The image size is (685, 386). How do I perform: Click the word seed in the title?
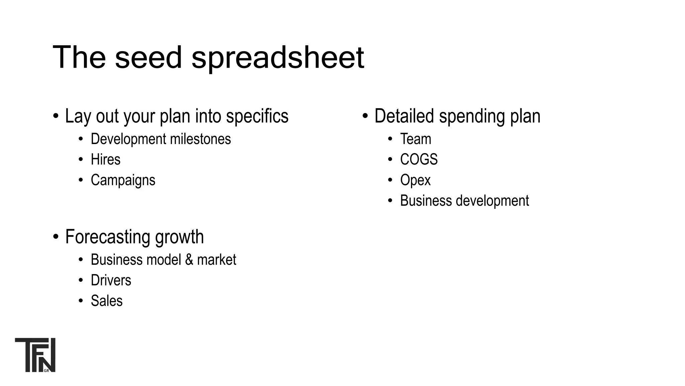click(149, 58)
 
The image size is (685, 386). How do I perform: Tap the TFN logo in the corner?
click(35, 355)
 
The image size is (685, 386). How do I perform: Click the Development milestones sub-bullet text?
click(161, 139)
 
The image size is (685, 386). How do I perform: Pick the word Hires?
click(105, 159)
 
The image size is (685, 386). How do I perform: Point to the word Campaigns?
click(123, 180)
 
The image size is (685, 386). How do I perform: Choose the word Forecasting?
click(108, 237)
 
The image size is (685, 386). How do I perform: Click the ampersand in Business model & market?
click(189, 260)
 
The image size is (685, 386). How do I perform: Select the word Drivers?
click(111, 280)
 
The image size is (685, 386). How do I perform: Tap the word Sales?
click(106, 301)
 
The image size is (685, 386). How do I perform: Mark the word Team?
click(415, 139)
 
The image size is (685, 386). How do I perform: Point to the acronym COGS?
click(419, 159)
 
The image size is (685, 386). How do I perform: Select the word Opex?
click(415, 180)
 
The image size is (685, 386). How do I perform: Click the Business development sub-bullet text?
click(464, 201)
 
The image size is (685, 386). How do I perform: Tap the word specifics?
click(257, 116)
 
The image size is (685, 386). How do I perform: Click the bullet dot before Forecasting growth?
click(56, 237)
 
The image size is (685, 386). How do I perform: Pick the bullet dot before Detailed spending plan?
click(365, 116)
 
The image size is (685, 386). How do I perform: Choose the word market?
click(216, 260)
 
